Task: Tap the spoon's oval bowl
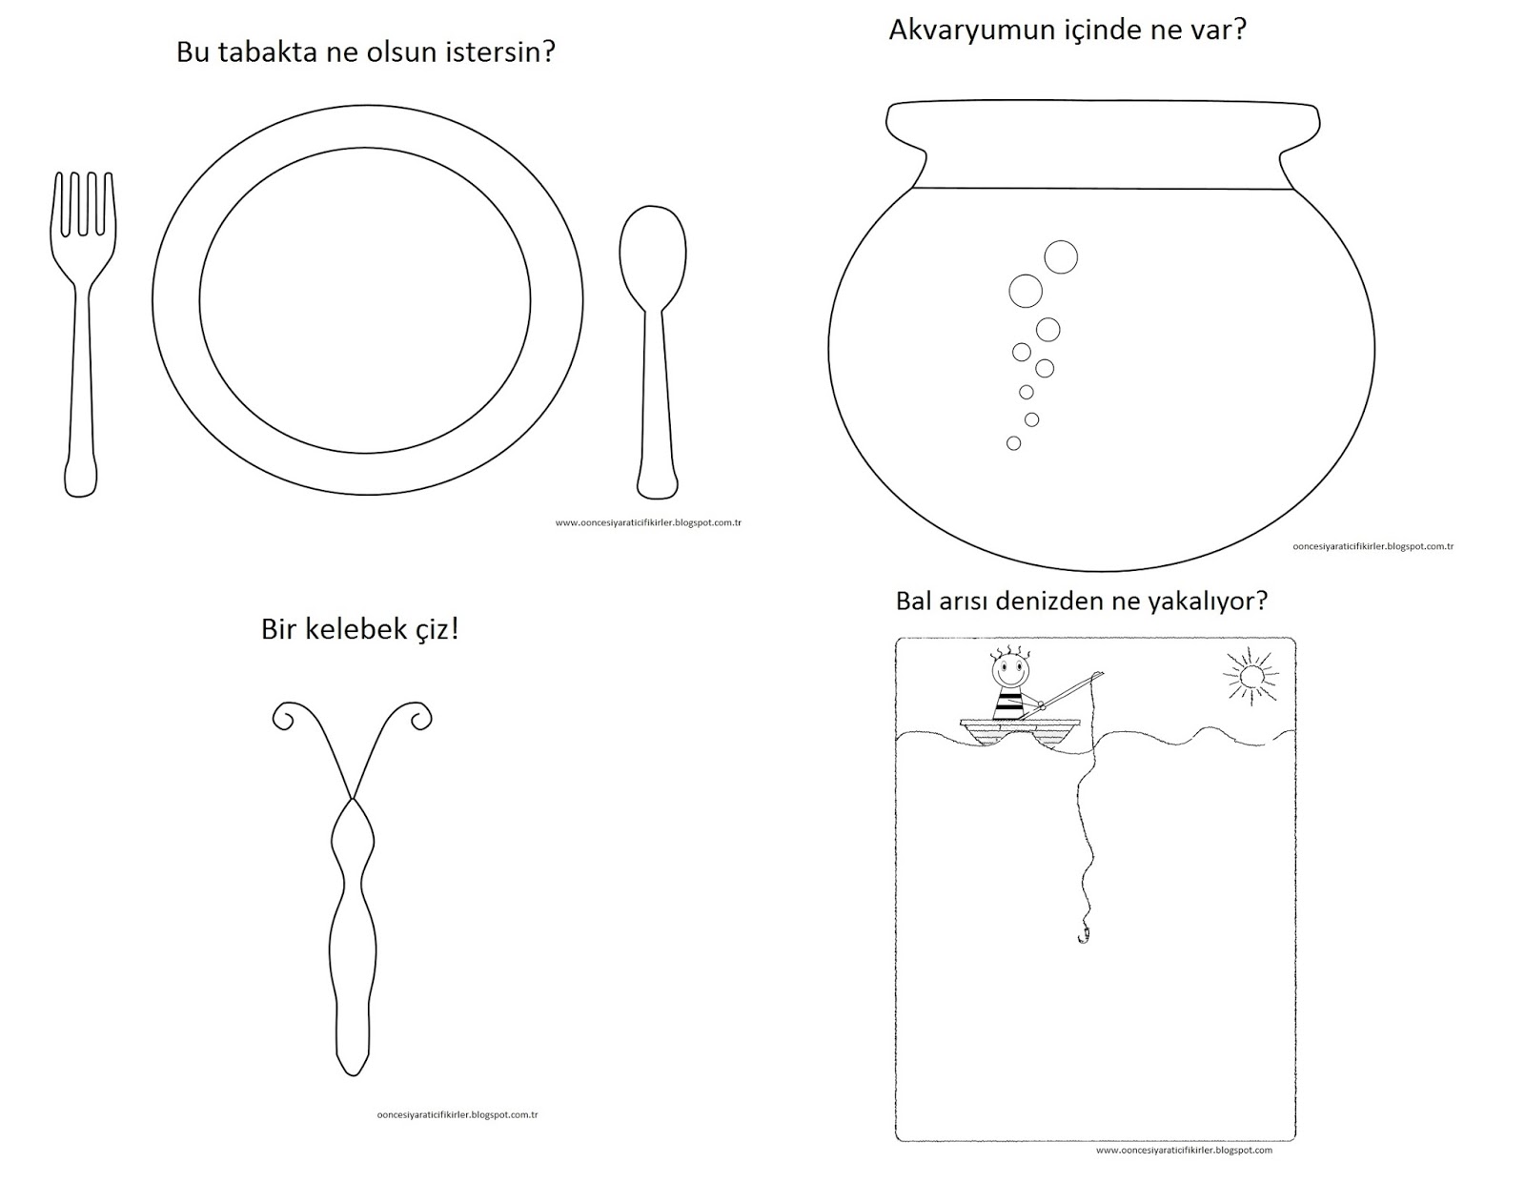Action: (x=652, y=256)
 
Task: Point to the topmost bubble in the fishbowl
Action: (x=1061, y=256)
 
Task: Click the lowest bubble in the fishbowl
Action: (x=1013, y=442)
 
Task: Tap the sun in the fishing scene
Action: (x=1250, y=677)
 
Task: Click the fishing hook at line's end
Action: (x=1083, y=933)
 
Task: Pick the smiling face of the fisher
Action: (x=1008, y=672)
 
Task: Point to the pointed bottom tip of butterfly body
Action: (x=353, y=1075)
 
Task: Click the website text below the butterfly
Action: (x=457, y=1114)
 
